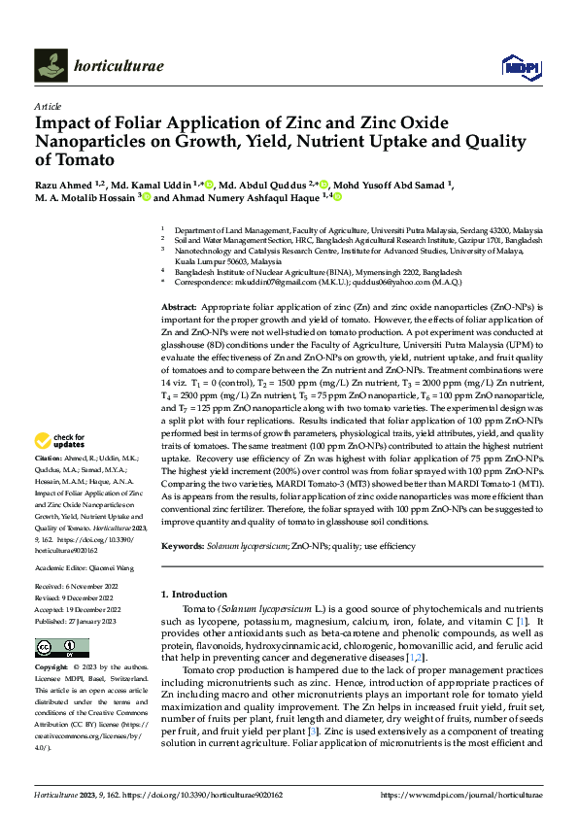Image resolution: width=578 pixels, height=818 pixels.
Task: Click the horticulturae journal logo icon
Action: pos(51,65)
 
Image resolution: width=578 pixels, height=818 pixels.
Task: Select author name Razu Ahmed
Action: pos(61,184)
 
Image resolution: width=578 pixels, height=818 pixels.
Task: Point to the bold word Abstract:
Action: pos(180,306)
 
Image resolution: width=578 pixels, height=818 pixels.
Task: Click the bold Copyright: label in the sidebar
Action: pos(52,668)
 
